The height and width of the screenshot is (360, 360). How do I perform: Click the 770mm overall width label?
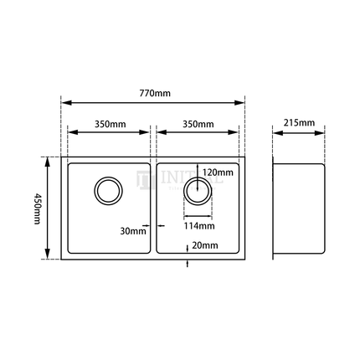(x=152, y=94)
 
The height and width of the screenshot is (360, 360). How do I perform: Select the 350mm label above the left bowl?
(x=110, y=124)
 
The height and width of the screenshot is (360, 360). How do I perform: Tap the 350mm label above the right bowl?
(x=198, y=124)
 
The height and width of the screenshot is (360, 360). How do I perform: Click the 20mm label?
(x=204, y=245)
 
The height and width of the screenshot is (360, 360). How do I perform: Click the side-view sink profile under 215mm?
(x=300, y=207)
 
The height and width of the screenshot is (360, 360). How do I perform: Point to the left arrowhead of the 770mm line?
(x=64, y=103)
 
